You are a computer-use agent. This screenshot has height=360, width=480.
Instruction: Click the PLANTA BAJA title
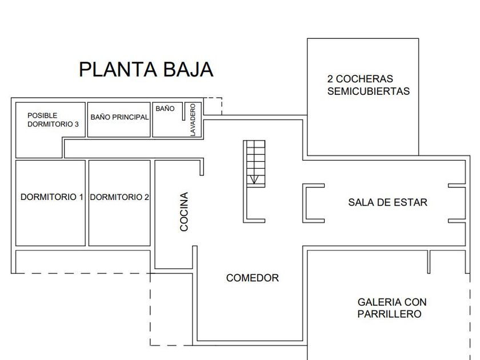[146, 70]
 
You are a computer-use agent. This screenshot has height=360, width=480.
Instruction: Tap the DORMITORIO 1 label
[52, 197]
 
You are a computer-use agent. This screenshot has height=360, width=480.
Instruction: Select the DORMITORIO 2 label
[119, 197]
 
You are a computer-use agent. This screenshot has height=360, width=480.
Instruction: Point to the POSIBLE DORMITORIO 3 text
[53, 119]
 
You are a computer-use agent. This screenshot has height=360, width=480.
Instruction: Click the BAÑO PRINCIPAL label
[119, 117]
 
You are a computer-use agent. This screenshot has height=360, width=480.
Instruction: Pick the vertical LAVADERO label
[193, 119]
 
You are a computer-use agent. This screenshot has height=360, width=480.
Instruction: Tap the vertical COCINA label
[184, 211]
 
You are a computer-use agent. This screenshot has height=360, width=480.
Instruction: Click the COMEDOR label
[253, 278]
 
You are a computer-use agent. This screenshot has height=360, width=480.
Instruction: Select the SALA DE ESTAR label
[387, 202]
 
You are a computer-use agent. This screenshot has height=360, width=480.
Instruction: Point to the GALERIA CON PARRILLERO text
[392, 308]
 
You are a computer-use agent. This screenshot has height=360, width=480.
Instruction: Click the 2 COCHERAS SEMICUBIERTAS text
[368, 85]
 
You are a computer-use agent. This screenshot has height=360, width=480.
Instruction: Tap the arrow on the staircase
[254, 179]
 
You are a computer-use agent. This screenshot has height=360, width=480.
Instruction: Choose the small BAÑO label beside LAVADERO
[165, 109]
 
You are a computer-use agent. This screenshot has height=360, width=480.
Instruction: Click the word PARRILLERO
[389, 314]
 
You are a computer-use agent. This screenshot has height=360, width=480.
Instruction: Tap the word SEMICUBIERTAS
[369, 91]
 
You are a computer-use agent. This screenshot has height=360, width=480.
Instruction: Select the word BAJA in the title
[188, 70]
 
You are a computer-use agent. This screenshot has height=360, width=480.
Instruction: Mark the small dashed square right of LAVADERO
[213, 106]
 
